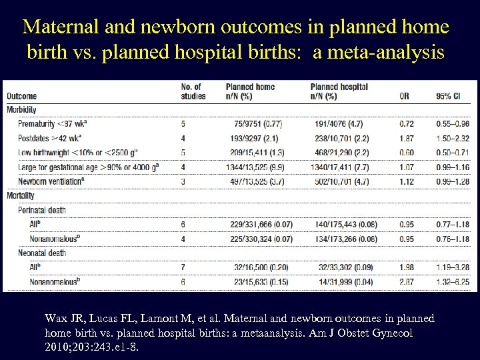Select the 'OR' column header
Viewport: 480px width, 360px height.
point(405,95)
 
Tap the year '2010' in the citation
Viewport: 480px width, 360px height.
point(57,347)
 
